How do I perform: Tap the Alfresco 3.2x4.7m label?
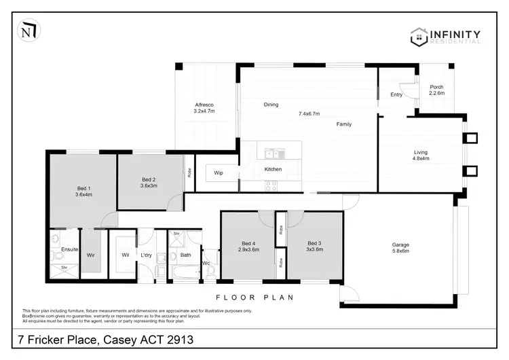pos(204,107)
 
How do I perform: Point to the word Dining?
pos(271,105)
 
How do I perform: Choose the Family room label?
pos(345,124)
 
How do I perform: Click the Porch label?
pos(436,90)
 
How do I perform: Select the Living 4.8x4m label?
pos(421,155)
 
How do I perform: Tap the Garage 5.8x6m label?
pos(400,248)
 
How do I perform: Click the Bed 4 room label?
pos(249,246)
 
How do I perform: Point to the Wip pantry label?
pos(219,173)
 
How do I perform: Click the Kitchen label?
pos(273,168)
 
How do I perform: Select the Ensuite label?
pos(70,250)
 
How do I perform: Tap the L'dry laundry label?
pos(146,255)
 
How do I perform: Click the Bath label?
pos(185,255)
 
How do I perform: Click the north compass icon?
pos(29,31)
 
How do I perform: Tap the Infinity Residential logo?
pos(447,36)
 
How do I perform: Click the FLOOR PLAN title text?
pos(254,297)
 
